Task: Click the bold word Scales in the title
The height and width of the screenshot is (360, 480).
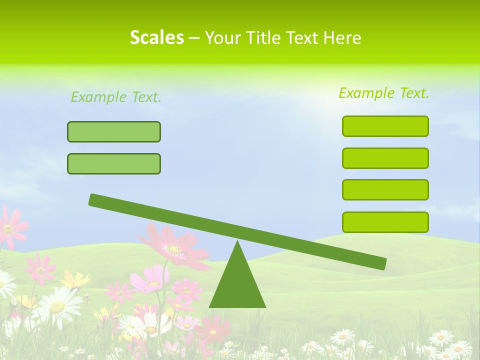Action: [156, 37]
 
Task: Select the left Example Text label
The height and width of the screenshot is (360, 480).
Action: [116, 97]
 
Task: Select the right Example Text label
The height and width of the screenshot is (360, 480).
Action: [384, 93]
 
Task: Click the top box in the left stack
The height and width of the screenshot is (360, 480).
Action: [114, 131]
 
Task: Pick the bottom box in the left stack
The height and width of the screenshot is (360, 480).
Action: [114, 163]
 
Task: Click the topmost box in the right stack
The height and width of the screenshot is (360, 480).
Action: [385, 126]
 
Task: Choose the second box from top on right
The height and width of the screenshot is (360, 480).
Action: [385, 158]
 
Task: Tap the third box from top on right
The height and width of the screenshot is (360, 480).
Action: [385, 189]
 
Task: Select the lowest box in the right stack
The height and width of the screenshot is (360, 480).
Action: [385, 222]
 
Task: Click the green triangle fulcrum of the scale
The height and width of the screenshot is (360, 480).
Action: [237, 285]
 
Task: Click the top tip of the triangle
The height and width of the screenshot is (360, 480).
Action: [237, 243]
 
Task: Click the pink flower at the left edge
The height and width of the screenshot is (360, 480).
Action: [10, 227]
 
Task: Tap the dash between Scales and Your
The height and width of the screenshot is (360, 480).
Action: [194, 38]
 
